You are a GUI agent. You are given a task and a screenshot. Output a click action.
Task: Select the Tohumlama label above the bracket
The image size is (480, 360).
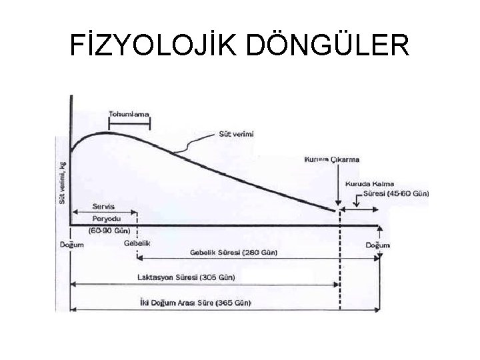coord(129,113)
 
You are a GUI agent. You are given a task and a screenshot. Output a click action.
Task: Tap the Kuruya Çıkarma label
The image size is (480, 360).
coord(331,160)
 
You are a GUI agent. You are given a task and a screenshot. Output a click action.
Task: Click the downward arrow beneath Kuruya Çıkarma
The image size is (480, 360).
coord(339,190)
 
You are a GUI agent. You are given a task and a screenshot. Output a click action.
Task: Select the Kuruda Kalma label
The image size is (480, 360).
coord(369,183)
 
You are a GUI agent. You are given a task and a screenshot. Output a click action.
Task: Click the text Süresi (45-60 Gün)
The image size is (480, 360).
coord(397,194)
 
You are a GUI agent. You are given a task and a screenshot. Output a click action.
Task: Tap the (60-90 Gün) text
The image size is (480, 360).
coord(109,229)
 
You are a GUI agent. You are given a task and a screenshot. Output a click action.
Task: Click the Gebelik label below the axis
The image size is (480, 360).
coord(137,243)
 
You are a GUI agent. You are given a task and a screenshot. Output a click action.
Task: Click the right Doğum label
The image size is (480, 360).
coord(378,245)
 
